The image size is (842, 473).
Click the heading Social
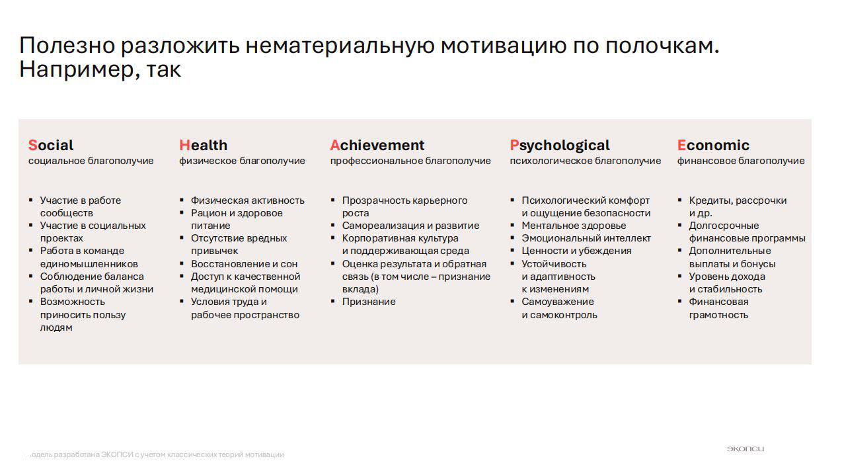pyautogui.click(x=51, y=145)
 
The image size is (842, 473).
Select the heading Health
pyautogui.click(x=203, y=145)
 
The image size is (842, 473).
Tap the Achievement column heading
pyautogui.click(x=377, y=145)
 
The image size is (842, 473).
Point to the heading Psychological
pyautogui.click(x=560, y=145)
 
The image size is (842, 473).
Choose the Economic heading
pyautogui.click(x=713, y=145)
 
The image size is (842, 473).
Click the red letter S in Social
pyautogui.click(x=32, y=145)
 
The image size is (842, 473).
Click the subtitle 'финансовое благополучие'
pyautogui.click(x=740, y=161)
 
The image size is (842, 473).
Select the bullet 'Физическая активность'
pyautogui.click(x=247, y=200)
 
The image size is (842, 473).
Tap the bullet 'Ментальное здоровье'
pyautogui.click(x=573, y=226)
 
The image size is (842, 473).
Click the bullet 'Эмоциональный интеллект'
pyautogui.click(x=586, y=238)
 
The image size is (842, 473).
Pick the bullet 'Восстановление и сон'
pyautogui.click(x=244, y=264)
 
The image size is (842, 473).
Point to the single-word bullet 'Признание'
pyautogui.click(x=368, y=302)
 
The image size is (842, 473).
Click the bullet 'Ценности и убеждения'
pyautogui.click(x=576, y=251)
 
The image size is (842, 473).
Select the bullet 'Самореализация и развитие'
pyautogui.click(x=410, y=226)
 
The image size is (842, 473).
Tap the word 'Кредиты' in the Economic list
pyautogui.click(x=709, y=200)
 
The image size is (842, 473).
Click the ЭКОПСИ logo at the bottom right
pyautogui.click(x=745, y=449)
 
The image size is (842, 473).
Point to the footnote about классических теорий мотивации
pyautogui.click(x=155, y=454)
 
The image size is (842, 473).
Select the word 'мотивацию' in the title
pyautogui.click(x=502, y=46)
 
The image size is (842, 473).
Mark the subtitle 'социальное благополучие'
pyautogui.click(x=91, y=161)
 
